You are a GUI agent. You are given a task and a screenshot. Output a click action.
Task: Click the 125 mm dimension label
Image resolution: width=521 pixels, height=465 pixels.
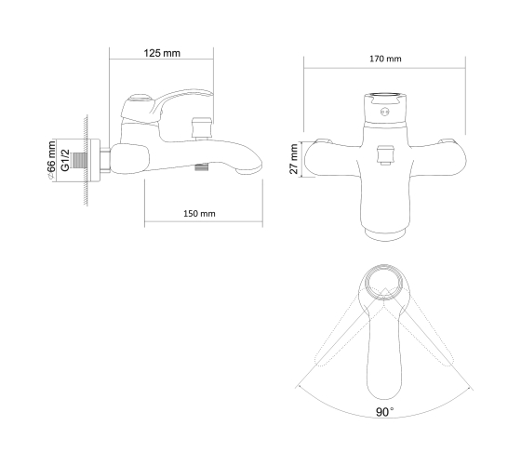pyautogui.click(x=162, y=53)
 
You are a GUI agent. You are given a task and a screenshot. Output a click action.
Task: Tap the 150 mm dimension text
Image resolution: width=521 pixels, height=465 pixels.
pyautogui.click(x=199, y=213)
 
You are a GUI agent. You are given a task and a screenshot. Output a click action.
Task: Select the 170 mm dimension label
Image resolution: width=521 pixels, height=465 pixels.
pyautogui.click(x=385, y=59)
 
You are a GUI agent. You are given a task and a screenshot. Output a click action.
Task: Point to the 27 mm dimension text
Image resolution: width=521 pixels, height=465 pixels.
pyautogui.click(x=294, y=159)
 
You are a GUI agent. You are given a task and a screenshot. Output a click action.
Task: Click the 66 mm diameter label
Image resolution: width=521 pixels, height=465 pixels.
pyautogui.click(x=51, y=160)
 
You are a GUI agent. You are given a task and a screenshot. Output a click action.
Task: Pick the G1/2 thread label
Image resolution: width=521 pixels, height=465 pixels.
pyautogui.click(x=65, y=160)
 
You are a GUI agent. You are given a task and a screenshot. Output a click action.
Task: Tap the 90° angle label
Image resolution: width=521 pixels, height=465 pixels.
pyautogui.click(x=384, y=412)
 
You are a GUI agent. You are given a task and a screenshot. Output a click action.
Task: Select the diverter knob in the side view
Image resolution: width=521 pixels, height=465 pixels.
pyautogui.click(x=202, y=128)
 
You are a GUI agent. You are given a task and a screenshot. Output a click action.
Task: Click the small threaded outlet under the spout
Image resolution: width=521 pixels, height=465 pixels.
pyautogui.click(x=201, y=167)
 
